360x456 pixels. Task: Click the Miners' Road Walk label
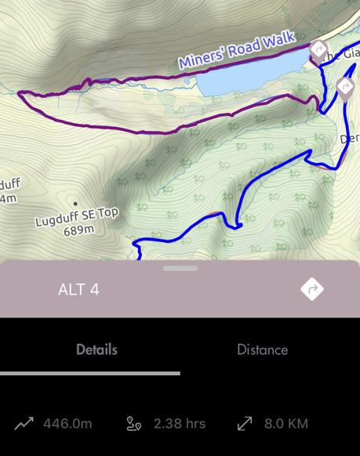[236, 49]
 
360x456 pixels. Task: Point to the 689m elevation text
[78, 230]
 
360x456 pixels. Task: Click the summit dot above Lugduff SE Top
[75, 204]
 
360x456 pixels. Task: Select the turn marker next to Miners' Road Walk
[318, 52]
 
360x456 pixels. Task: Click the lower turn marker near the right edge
[345, 85]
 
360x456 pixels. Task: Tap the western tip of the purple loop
[20, 94]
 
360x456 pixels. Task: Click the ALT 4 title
[78, 289]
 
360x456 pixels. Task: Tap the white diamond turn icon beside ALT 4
[312, 289]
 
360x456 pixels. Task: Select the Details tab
[96, 349]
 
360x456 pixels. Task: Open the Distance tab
[262, 349]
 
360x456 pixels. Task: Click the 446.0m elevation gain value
[67, 424]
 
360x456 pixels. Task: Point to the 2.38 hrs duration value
[180, 424]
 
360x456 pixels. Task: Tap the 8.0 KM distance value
[285, 424]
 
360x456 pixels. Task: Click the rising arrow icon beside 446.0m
[24, 424]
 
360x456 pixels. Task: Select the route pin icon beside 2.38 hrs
[134, 424]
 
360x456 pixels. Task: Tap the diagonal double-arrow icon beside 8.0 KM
[245, 424]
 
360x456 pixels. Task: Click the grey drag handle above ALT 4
[180, 269]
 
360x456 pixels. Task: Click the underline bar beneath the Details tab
[90, 373]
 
